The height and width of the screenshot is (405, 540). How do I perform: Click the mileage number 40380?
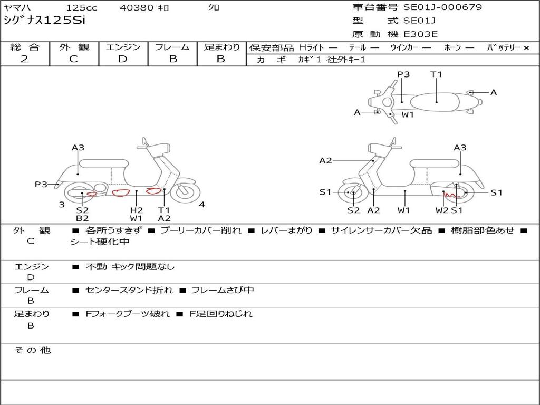tap(137, 8)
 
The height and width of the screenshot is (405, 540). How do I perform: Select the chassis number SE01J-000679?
tap(442, 7)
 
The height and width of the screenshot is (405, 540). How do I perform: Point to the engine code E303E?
tap(420, 35)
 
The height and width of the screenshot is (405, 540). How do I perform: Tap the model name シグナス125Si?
tap(44, 21)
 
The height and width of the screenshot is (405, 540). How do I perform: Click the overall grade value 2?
tap(24, 59)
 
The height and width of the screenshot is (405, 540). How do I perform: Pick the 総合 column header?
tap(25, 47)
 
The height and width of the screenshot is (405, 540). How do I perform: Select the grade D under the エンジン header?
tap(122, 59)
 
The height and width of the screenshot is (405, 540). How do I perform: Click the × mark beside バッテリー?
tap(526, 48)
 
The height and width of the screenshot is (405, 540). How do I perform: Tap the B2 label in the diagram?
tap(82, 218)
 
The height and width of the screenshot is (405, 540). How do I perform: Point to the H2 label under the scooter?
tap(137, 210)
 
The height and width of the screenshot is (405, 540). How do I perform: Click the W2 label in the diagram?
tap(442, 210)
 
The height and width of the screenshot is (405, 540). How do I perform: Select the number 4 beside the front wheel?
tap(202, 205)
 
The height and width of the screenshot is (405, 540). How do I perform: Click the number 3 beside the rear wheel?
tap(62, 205)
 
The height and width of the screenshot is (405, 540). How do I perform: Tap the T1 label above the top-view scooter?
tap(436, 74)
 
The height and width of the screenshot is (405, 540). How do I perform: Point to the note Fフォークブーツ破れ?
tap(128, 314)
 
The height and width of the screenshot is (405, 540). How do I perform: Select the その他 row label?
tap(33, 350)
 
